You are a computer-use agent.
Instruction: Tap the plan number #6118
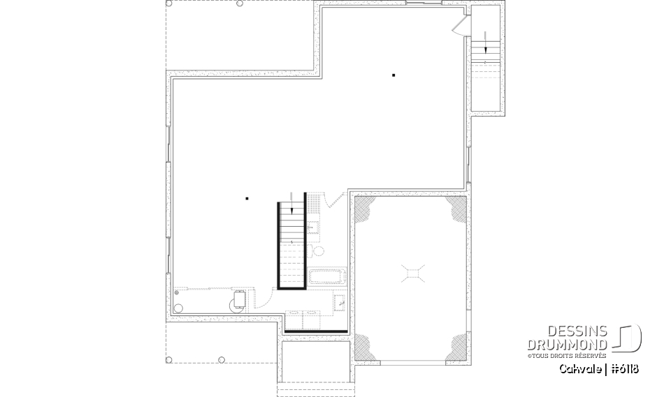point(623,368)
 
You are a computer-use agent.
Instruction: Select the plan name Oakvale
point(579,368)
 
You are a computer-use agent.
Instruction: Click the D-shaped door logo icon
point(628,338)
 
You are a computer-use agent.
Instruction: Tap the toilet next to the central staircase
point(319,250)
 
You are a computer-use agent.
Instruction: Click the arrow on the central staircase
point(291,208)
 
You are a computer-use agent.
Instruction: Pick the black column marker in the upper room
point(394,75)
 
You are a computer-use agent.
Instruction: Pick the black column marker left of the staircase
point(247,199)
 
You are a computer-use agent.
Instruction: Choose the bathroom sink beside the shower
point(314,226)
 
